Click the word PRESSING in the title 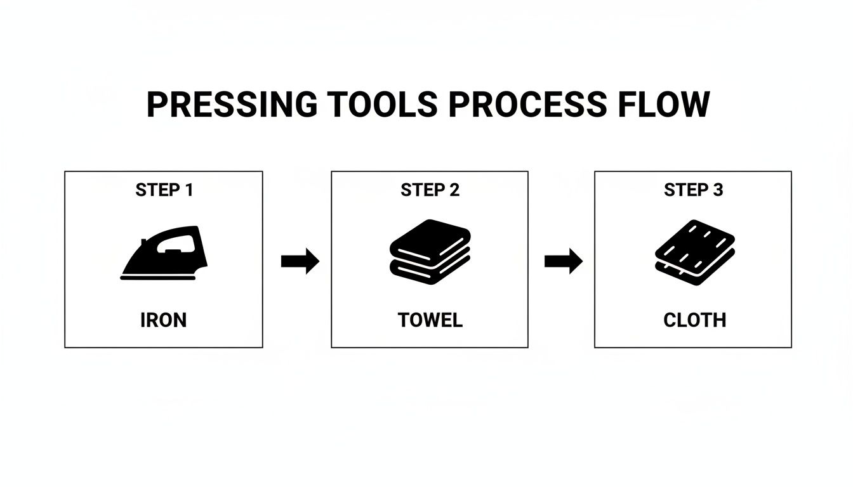pyautogui.click(x=231, y=105)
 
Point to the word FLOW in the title pyautogui.click(x=668, y=105)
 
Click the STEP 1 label pyautogui.click(x=164, y=190)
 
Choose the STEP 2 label pyautogui.click(x=430, y=190)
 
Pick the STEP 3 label pyautogui.click(x=693, y=190)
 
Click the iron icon pyautogui.click(x=164, y=254)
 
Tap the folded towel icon pyautogui.click(x=430, y=252)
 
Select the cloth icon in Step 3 pyautogui.click(x=694, y=252)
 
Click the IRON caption pyautogui.click(x=164, y=320)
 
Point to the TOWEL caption pyautogui.click(x=430, y=320)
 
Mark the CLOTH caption pyautogui.click(x=694, y=320)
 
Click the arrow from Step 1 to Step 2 pyautogui.click(x=300, y=261)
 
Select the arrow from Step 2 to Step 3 pyautogui.click(x=563, y=261)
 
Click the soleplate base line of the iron pyautogui.click(x=159, y=278)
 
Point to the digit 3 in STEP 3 pyautogui.click(x=717, y=190)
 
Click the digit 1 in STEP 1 pyautogui.click(x=188, y=190)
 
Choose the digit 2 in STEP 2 pyautogui.click(x=454, y=190)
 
